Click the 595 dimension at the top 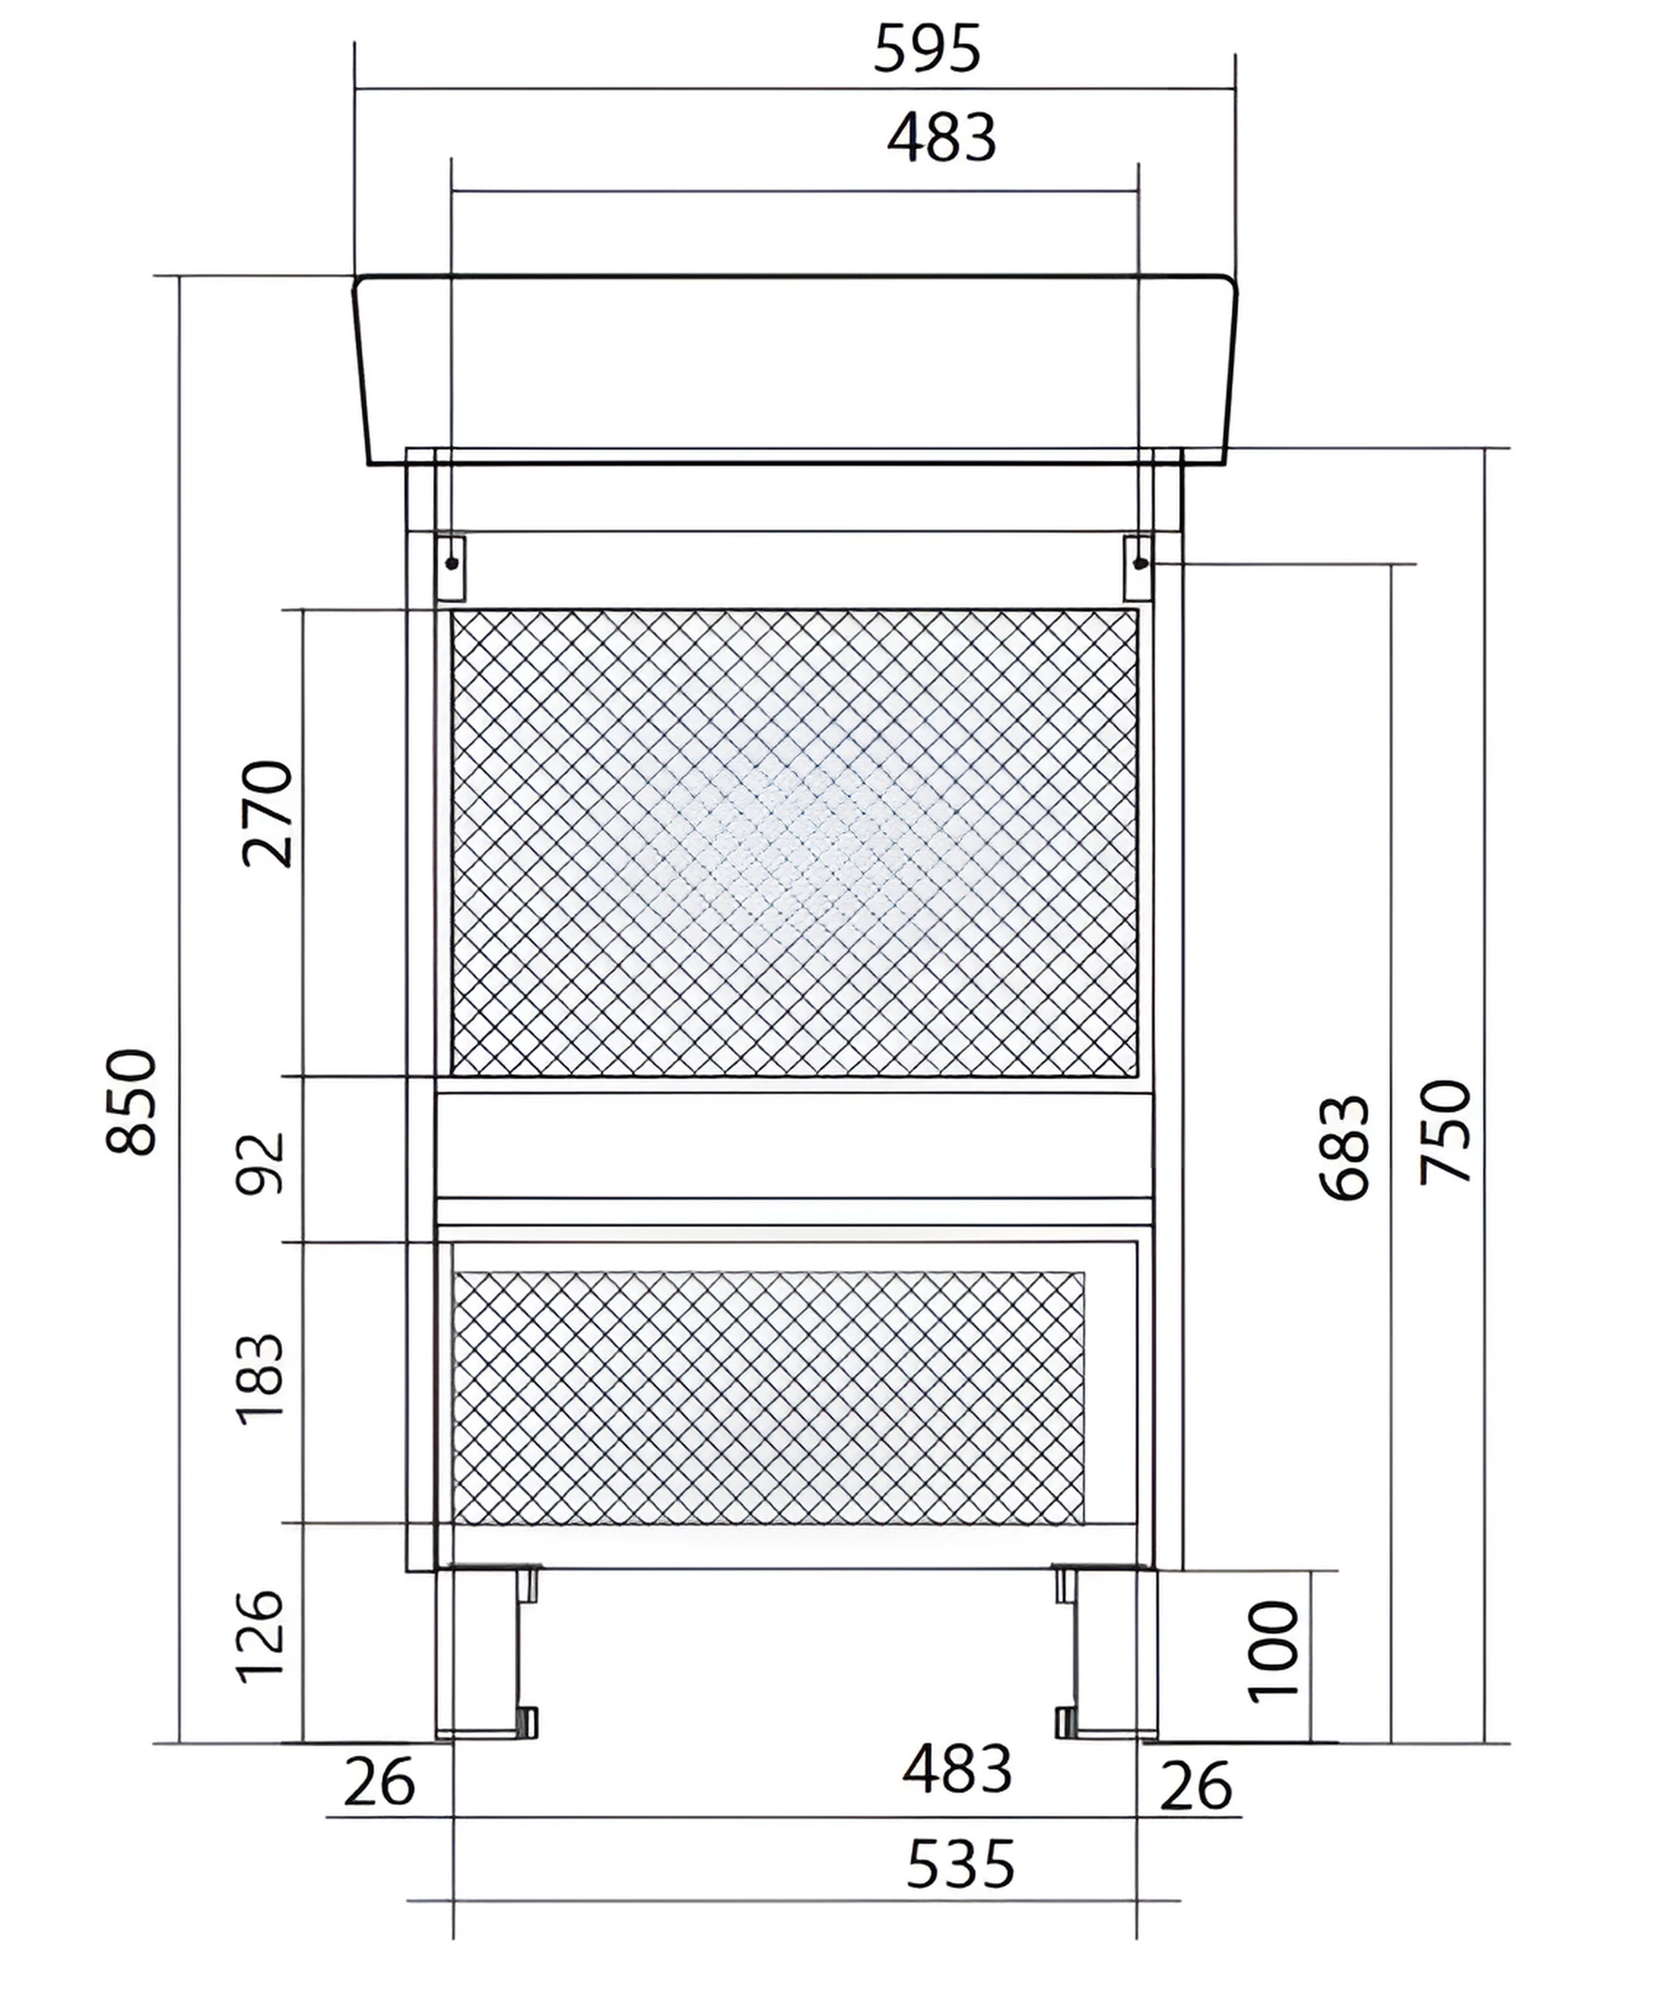coord(926,50)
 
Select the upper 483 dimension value coord(942,138)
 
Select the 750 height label coord(1446,1132)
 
